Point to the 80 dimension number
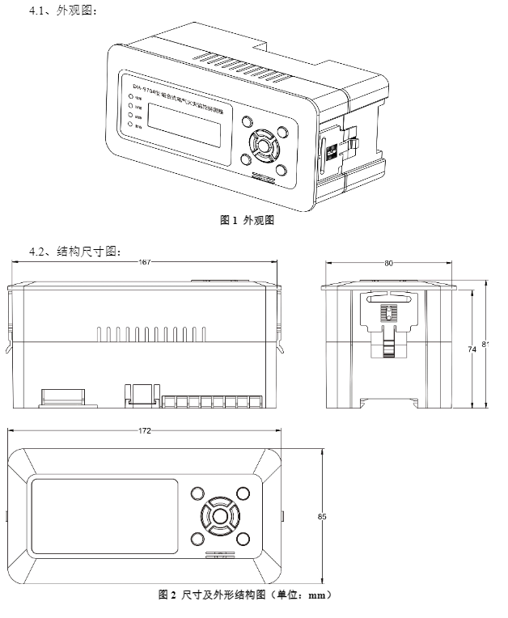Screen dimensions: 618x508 (x=389, y=263)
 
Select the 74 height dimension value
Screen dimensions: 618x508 (x=472, y=349)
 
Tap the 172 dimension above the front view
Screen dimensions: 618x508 (x=145, y=430)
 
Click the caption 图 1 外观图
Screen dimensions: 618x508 (x=248, y=220)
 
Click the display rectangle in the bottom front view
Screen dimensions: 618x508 (x=104, y=516)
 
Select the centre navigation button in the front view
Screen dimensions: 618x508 (x=218, y=515)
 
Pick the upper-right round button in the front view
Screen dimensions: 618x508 (x=243, y=492)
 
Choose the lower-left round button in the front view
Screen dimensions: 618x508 (x=195, y=539)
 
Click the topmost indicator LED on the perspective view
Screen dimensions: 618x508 (x=129, y=95)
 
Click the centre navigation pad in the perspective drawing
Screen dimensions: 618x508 (x=262, y=147)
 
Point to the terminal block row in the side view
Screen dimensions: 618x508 (x=212, y=401)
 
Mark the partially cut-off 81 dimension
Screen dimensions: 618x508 (x=485, y=345)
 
